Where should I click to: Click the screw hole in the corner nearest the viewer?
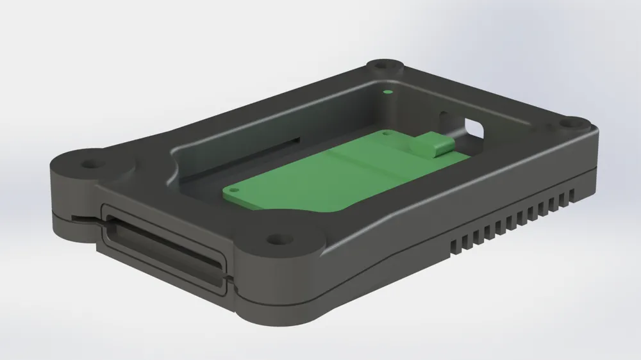coord(277,240)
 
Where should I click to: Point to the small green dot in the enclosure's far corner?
coord(387,92)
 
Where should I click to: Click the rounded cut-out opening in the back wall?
coord(474,127)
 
